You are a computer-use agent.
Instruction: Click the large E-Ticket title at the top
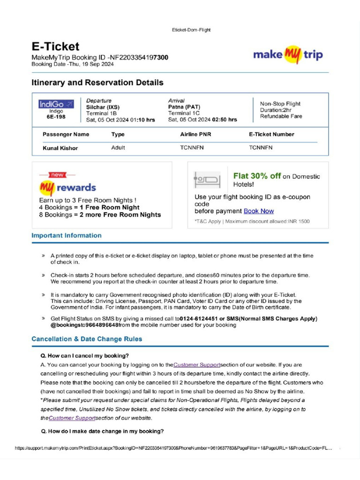coord(55,46)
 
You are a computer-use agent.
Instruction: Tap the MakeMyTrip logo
coord(288,54)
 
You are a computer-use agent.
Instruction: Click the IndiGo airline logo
coord(56,104)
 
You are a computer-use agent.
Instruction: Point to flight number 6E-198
coord(56,117)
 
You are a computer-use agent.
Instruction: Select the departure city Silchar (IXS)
coord(103,107)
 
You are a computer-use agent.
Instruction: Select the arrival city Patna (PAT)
coord(184,107)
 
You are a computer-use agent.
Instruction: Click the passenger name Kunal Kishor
coord(60,148)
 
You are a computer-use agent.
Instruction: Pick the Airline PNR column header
coord(195,135)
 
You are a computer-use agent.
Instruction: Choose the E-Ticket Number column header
coord(271,135)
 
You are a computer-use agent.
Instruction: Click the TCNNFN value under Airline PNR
coord(192,148)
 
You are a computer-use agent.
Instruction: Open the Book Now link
coord(259,211)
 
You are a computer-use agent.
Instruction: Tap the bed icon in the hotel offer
coord(207,180)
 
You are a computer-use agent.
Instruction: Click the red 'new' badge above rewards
coord(58,175)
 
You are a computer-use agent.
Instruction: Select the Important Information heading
coord(66,235)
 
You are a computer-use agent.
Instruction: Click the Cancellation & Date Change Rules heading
coord(87,338)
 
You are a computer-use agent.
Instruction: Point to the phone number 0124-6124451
coord(200,319)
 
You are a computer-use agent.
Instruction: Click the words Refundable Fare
coord(281,116)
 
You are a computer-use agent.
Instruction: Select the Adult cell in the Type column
coord(118,148)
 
